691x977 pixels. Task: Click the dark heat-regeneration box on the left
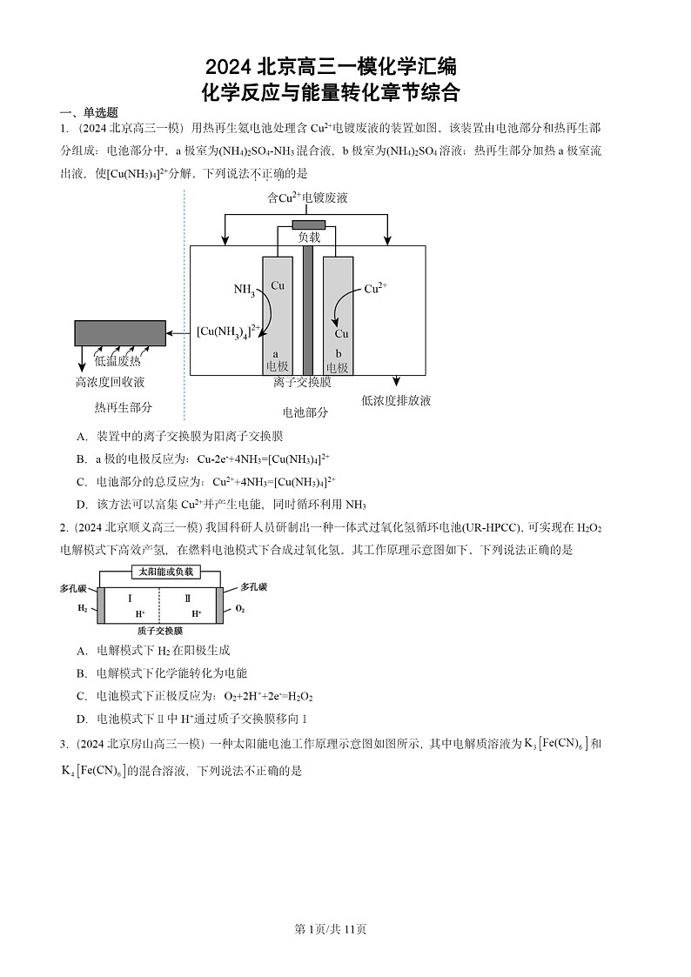click(120, 333)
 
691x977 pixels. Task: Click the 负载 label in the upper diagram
click(309, 237)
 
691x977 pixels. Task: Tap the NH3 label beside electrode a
click(244, 290)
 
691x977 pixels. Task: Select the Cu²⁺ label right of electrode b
click(376, 289)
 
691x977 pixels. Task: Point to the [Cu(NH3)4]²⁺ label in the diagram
click(228, 331)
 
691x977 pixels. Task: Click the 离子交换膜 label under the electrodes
click(302, 382)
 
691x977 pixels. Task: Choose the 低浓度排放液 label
click(396, 400)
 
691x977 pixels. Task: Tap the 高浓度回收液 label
click(110, 382)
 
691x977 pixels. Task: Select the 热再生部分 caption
click(123, 407)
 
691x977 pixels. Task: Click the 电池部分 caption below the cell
click(305, 412)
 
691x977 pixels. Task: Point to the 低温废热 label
click(117, 361)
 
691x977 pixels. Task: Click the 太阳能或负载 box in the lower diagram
click(165, 572)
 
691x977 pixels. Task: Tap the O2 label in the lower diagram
click(240, 609)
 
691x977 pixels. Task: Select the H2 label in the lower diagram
click(83, 609)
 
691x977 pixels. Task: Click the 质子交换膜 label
click(160, 630)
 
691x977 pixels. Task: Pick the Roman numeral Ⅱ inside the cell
click(188, 599)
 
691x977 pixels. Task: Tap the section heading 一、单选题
click(88, 112)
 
